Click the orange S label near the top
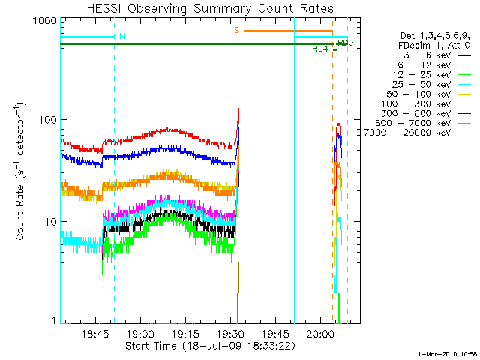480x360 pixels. (x=237, y=30)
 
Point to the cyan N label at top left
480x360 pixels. (x=122, y=35)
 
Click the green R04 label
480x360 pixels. (x=319, y=49)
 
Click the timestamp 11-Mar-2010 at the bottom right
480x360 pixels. (x=440, y=352)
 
